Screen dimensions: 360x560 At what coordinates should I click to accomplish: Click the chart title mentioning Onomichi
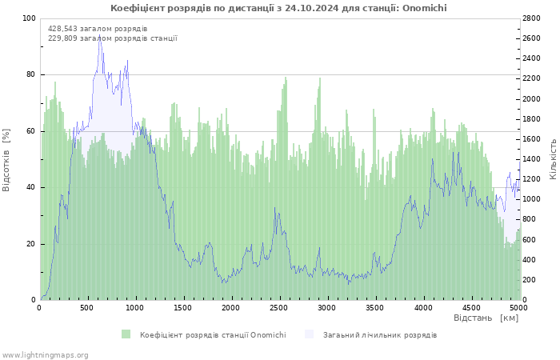click(278, 8)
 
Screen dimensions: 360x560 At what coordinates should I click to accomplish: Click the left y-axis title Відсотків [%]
click(6, 159)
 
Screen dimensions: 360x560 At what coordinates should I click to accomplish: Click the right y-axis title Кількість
click(553, 158)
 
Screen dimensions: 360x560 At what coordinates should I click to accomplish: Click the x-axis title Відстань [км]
click(486, 318)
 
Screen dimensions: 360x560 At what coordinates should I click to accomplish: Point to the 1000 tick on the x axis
click(135, 307)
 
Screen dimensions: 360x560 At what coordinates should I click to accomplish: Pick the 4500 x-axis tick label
click(470, 307)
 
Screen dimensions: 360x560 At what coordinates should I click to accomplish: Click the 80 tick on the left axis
click(31, 74)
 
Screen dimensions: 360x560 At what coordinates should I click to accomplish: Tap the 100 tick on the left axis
click(29, 18)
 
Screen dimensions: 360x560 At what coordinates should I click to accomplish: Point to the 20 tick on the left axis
click(31, 244)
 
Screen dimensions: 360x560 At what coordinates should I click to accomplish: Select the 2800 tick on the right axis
click(534, 18)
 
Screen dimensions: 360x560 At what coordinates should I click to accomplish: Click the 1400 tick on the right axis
click(534, 159)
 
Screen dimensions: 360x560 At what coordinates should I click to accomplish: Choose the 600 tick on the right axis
click(531, 240)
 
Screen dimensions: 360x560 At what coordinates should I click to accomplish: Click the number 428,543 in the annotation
click(63, 29)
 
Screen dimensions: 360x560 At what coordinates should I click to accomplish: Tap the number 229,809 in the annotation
click(63, 38)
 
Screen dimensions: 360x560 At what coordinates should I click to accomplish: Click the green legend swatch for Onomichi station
click(126, 334)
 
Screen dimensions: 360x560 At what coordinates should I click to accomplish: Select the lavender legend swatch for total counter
click(310, 334)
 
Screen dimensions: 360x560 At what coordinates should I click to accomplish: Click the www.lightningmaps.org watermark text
click(45, 354)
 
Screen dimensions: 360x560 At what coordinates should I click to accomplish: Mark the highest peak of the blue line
click(100, 35)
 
